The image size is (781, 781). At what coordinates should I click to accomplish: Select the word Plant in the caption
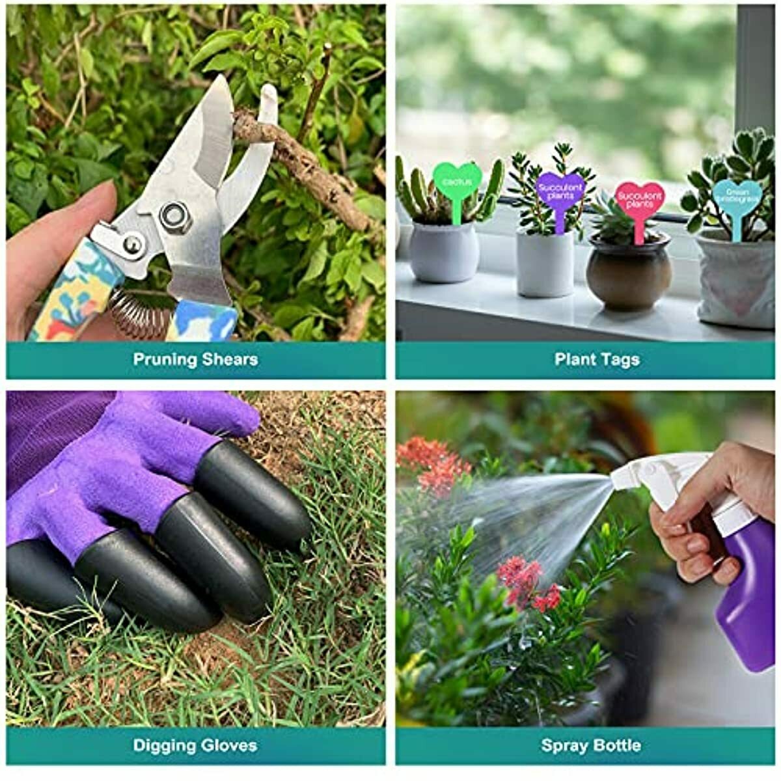575,359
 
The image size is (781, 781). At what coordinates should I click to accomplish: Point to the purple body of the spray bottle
748,586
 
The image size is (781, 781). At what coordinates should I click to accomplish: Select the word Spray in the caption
565,745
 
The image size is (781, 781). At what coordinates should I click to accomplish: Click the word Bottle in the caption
618,745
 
